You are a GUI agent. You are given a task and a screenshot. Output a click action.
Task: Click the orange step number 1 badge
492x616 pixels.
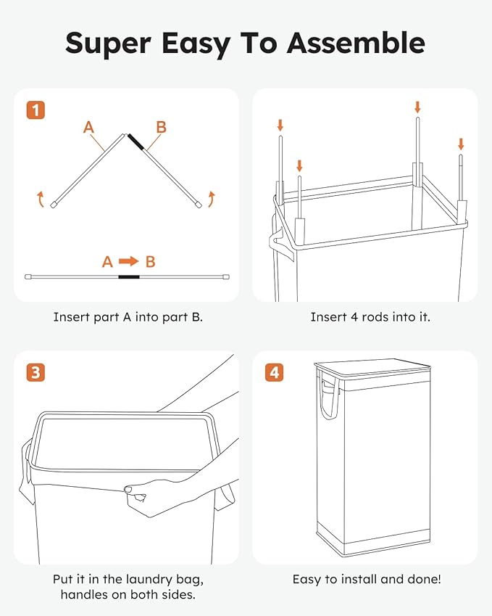point(36,110)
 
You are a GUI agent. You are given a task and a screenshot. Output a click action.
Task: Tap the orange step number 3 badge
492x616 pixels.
point(36,373)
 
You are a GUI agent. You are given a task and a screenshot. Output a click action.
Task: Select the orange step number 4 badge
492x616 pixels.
point(274,373)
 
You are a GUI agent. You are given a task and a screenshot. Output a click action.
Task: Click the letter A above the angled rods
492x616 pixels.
point(88,128)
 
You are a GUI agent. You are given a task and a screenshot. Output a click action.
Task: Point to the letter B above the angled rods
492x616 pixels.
point(161,128)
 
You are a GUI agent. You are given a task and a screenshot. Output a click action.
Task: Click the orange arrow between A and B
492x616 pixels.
point(129,261)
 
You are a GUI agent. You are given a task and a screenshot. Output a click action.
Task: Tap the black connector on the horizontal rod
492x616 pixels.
point(129,276)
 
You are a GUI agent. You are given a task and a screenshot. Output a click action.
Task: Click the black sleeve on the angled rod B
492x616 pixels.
point(136,142)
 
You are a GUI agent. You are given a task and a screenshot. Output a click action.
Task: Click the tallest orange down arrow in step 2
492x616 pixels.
point(417,107)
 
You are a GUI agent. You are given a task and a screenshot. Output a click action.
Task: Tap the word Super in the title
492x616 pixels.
point(109,44)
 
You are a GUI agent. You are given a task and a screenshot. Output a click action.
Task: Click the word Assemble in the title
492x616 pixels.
point(356,44)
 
